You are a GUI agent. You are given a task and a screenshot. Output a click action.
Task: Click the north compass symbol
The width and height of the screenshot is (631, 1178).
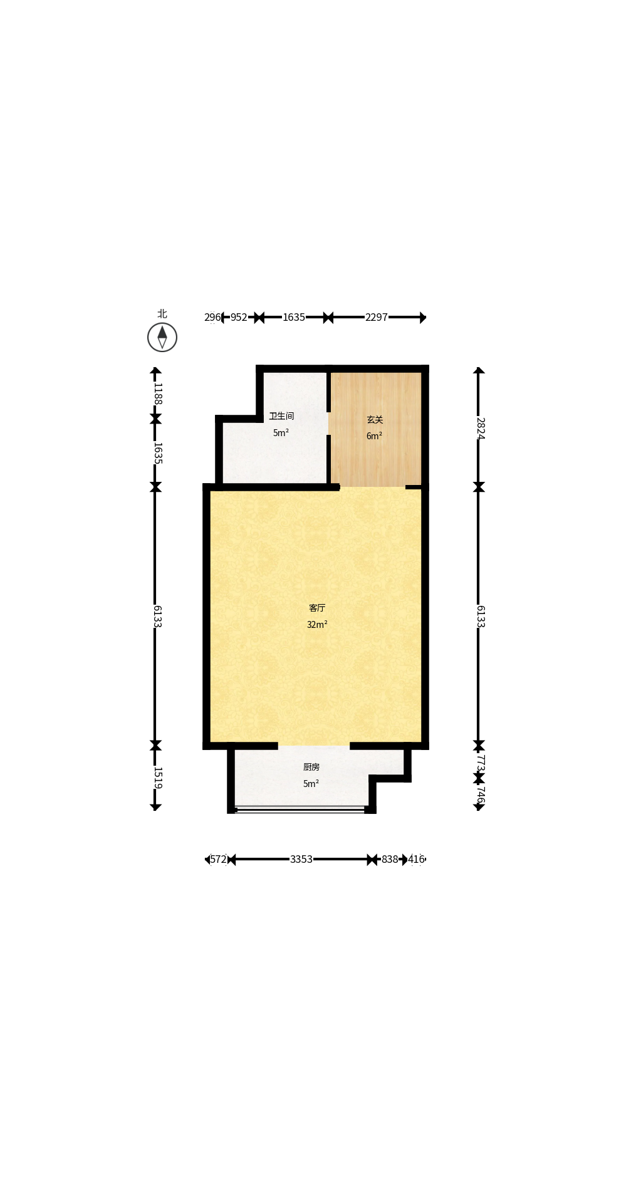click(x=162, y=338)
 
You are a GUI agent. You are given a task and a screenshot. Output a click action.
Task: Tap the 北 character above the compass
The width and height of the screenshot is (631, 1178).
click(x=162, y=314)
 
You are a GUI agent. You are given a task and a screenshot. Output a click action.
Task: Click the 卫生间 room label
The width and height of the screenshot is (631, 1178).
click(x=281, y=416)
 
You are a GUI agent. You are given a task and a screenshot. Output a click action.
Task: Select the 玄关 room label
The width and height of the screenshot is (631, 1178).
click(x=375, y=420)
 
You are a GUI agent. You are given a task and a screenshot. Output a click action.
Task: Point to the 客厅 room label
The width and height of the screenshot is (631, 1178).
click(x=317, y=608)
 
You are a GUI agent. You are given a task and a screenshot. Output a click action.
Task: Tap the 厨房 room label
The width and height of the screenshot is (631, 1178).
click(x=311, y=767)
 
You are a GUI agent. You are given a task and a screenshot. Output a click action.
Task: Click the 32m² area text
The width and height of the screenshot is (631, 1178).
click(x=317, y=625)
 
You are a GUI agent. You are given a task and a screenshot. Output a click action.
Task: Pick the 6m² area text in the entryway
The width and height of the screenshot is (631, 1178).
click(x=374, y=436)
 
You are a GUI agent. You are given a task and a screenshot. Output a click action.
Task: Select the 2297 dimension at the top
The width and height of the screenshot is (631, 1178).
click(x=377, y=317)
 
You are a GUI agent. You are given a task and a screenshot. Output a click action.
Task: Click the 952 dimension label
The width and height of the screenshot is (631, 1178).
click(x=239, y=317)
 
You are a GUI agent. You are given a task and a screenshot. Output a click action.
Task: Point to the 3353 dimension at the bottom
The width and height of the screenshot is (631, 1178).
click(x=301, y=859)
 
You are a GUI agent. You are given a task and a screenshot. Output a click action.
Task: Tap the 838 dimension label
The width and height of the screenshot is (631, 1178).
click(x=390, y=859)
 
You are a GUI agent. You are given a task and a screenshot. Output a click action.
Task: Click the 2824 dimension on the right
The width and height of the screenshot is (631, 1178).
click(x=480, y=428)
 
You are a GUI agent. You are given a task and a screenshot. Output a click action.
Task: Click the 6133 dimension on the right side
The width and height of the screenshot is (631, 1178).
click(x=480, y=616)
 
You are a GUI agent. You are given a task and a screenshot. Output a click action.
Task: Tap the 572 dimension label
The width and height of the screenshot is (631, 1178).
click(x=218, y=859)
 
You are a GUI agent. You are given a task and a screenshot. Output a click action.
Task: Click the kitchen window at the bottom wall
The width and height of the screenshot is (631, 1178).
click(x=300, y=810)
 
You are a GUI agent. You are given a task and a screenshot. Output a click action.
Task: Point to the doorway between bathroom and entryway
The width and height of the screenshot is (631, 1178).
click(x=328, y=423)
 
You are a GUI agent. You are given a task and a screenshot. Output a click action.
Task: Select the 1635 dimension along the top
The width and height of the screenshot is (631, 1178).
click(x=294, y=317)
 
